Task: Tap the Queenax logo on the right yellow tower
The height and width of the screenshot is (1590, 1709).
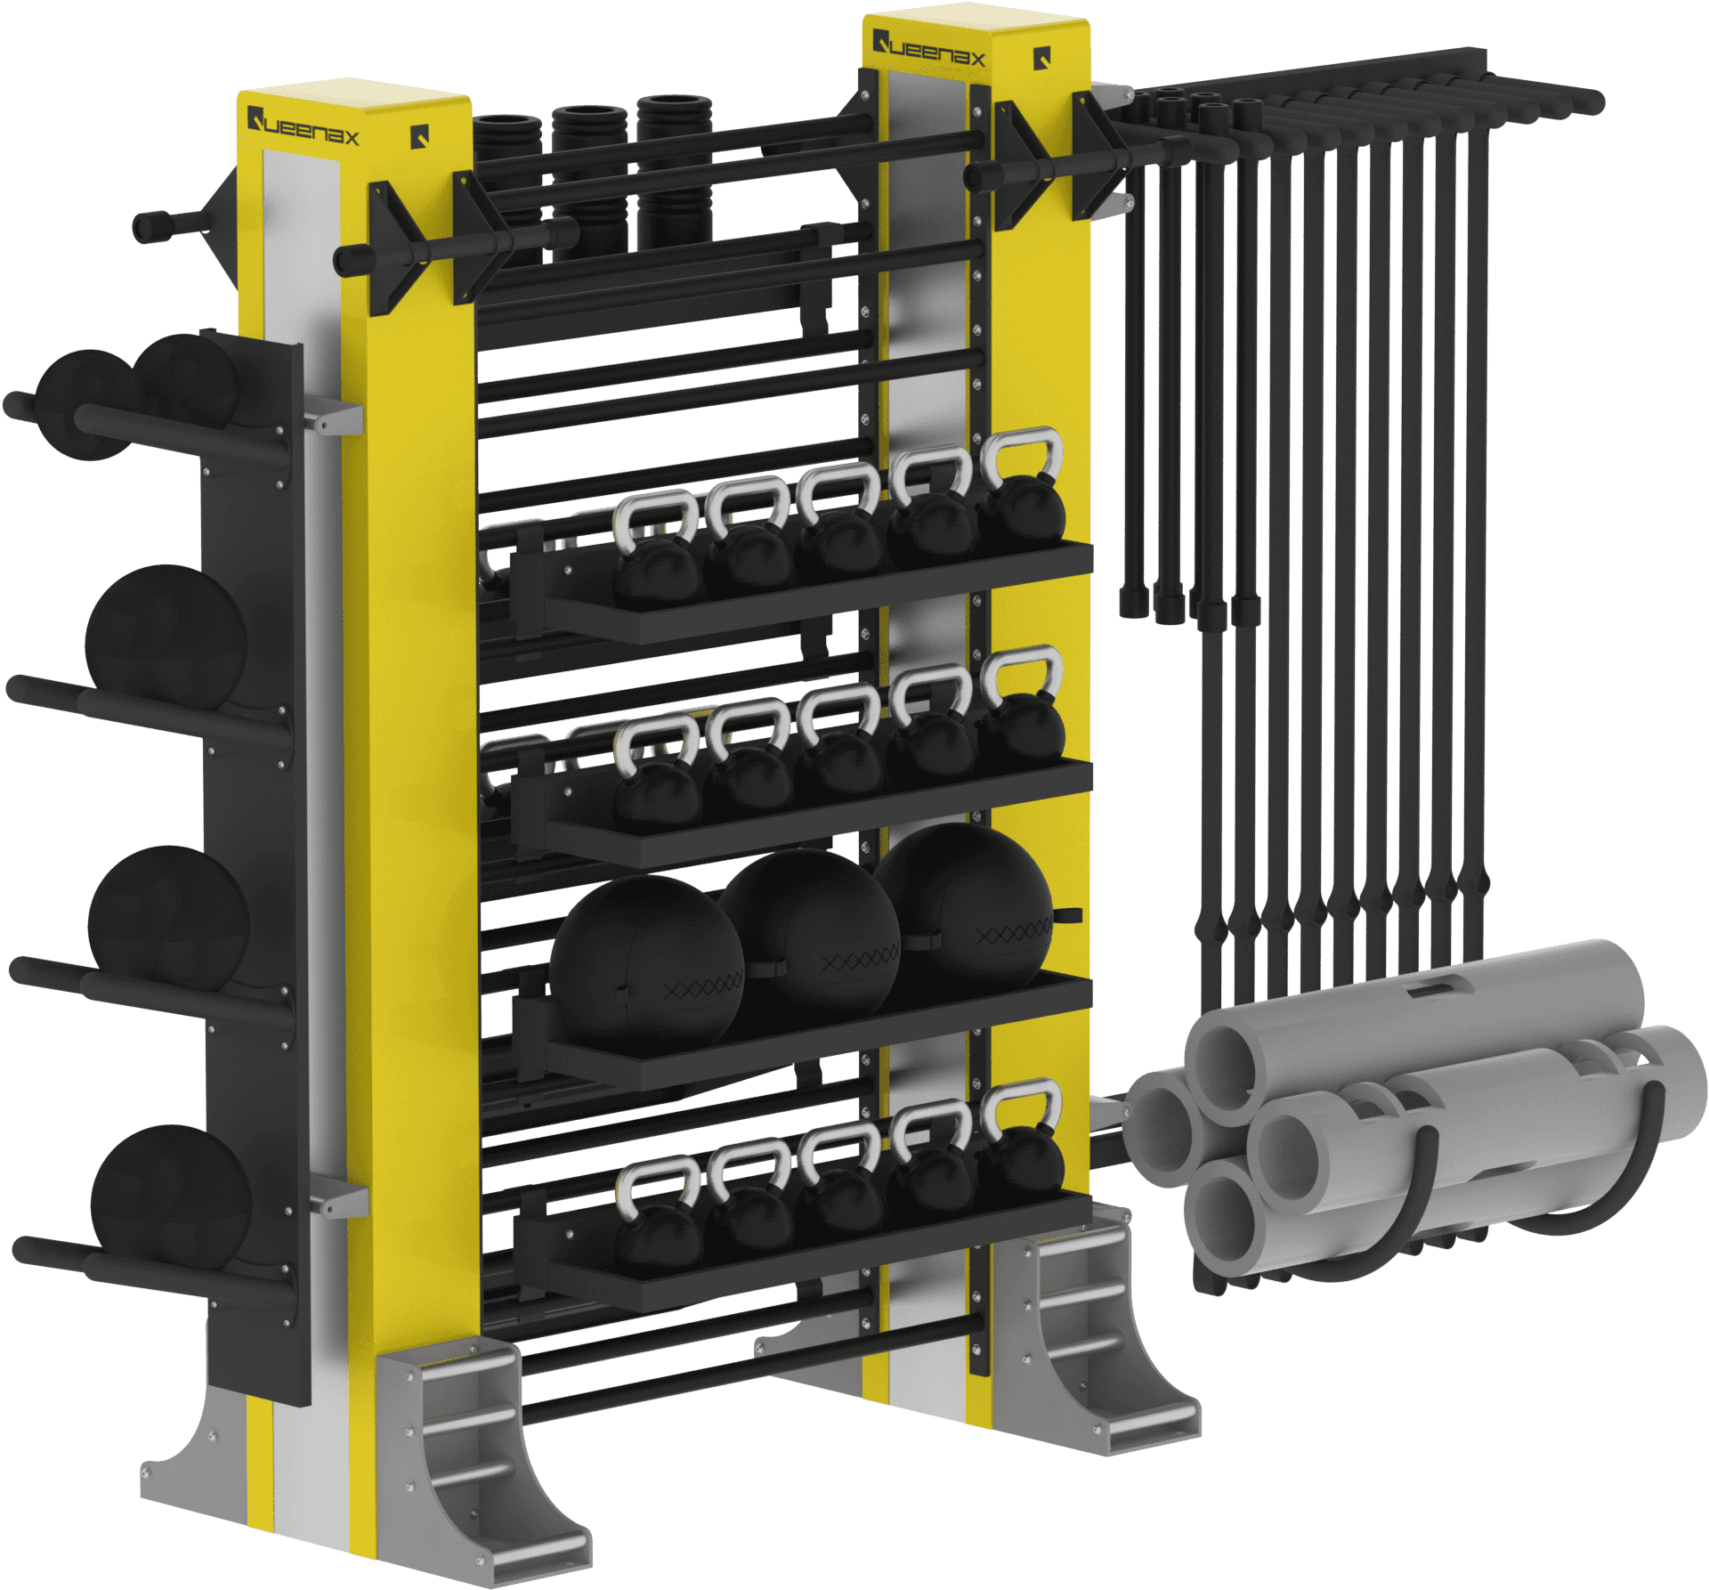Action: [x=928, y=49]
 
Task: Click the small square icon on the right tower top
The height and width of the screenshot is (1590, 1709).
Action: [x=1043, y=59]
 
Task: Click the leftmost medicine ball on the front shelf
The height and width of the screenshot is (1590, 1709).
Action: [x=647, y=961]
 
